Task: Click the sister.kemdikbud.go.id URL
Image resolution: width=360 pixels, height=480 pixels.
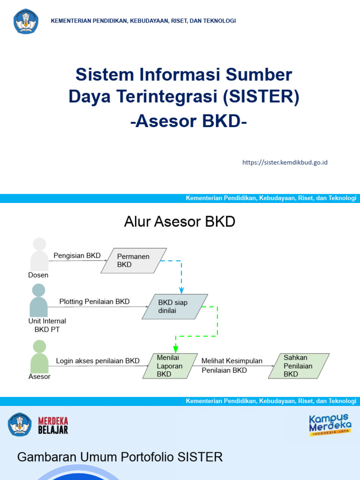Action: click(x=285, y=162)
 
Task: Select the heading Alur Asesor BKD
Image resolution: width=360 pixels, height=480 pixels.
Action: click(x=180, y=222)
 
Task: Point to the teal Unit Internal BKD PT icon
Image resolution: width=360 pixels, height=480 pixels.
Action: click(x=38, y=300)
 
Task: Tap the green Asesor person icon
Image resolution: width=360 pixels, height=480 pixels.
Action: click(x=39, y=357)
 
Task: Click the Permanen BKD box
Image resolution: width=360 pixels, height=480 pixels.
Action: click(x=134, y=261)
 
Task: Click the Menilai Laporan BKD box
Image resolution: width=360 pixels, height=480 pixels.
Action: click(x=168, y=366)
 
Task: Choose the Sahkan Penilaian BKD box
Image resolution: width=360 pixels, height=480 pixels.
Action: click(x=298, y=366)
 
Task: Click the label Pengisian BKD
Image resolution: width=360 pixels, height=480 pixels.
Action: click(x=77, y=255)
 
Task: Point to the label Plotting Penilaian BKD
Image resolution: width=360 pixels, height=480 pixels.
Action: click(x=94, y=301)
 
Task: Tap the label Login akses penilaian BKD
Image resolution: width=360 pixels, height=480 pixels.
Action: click(x=97, y=361)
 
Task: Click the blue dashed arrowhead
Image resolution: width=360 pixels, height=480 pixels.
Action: click(x=181, y=291)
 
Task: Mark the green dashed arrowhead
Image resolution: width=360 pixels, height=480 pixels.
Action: click(x=175, y=349)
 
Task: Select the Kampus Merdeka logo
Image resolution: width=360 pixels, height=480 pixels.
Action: click(x=330, y=424)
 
